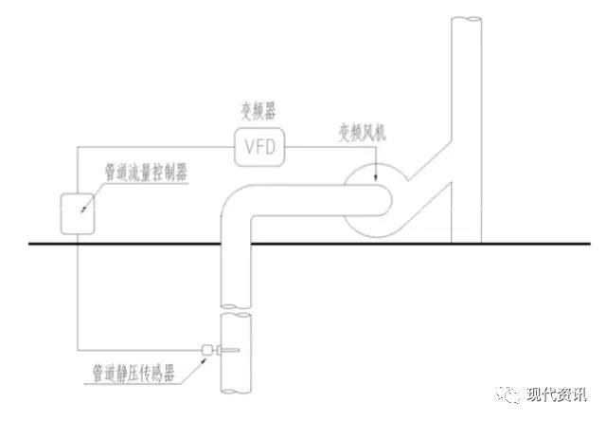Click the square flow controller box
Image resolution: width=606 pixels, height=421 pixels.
click(78, 210)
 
